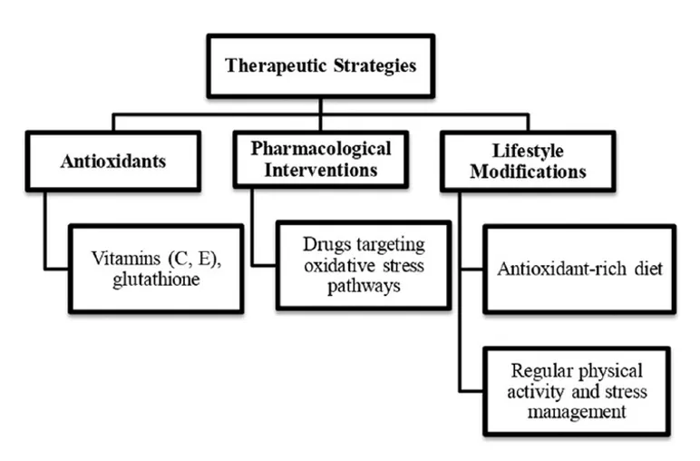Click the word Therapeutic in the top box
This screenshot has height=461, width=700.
276,65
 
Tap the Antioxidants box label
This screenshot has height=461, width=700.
113,162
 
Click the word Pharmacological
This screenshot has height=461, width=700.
321,149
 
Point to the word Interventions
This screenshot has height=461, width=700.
321,171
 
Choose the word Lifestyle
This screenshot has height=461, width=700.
528,151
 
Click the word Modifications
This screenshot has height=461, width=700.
528,172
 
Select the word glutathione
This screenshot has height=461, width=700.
156,280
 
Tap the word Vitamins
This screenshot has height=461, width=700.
126,259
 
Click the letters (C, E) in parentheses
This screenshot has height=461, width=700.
194,259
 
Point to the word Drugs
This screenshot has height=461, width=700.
326,245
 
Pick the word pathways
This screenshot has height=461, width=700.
364,287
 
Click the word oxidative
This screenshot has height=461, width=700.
340,266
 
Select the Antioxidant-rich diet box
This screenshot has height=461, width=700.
579,270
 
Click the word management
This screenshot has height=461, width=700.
577,412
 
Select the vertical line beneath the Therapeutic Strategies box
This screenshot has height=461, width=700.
321,107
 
